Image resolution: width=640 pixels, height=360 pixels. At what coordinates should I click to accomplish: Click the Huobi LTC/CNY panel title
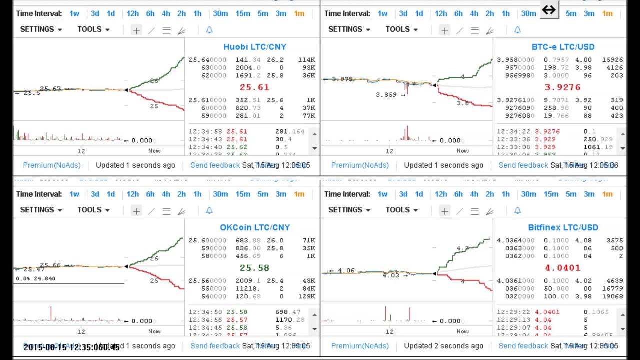254,47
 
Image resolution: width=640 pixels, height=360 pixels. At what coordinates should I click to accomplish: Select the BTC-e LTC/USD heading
563,47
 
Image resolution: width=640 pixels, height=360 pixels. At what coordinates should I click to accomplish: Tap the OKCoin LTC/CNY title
254,227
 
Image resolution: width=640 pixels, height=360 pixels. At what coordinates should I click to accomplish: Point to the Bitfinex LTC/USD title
563,227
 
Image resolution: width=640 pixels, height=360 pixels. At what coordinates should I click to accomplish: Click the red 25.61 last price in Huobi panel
254,87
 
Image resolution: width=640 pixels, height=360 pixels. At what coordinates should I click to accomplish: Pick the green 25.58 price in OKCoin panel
254,268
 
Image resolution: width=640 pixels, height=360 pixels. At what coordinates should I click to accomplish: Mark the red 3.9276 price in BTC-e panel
562,87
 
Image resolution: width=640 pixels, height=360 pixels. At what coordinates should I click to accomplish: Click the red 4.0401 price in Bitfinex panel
562,268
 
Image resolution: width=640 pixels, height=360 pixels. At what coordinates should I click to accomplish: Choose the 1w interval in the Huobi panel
74,13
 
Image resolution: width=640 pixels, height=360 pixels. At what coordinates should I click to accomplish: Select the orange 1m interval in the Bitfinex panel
607,194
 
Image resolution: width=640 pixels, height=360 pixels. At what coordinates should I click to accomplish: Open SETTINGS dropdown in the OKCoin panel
41,210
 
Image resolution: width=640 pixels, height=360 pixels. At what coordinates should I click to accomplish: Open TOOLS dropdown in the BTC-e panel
401,29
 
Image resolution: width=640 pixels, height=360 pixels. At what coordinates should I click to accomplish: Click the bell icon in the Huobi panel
209,30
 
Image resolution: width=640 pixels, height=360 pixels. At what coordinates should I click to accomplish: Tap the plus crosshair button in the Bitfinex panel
444,211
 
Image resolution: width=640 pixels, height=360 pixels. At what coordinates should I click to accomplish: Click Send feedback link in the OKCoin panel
215,346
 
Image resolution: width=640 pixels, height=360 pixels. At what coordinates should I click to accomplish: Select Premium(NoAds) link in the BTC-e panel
360,165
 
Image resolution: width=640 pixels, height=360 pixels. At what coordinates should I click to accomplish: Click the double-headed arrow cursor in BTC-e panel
549,10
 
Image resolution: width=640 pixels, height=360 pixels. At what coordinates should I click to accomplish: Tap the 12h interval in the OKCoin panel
132,194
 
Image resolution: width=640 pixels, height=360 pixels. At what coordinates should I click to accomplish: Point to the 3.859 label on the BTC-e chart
387,94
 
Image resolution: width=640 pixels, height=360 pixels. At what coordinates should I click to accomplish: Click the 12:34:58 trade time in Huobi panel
205,131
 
